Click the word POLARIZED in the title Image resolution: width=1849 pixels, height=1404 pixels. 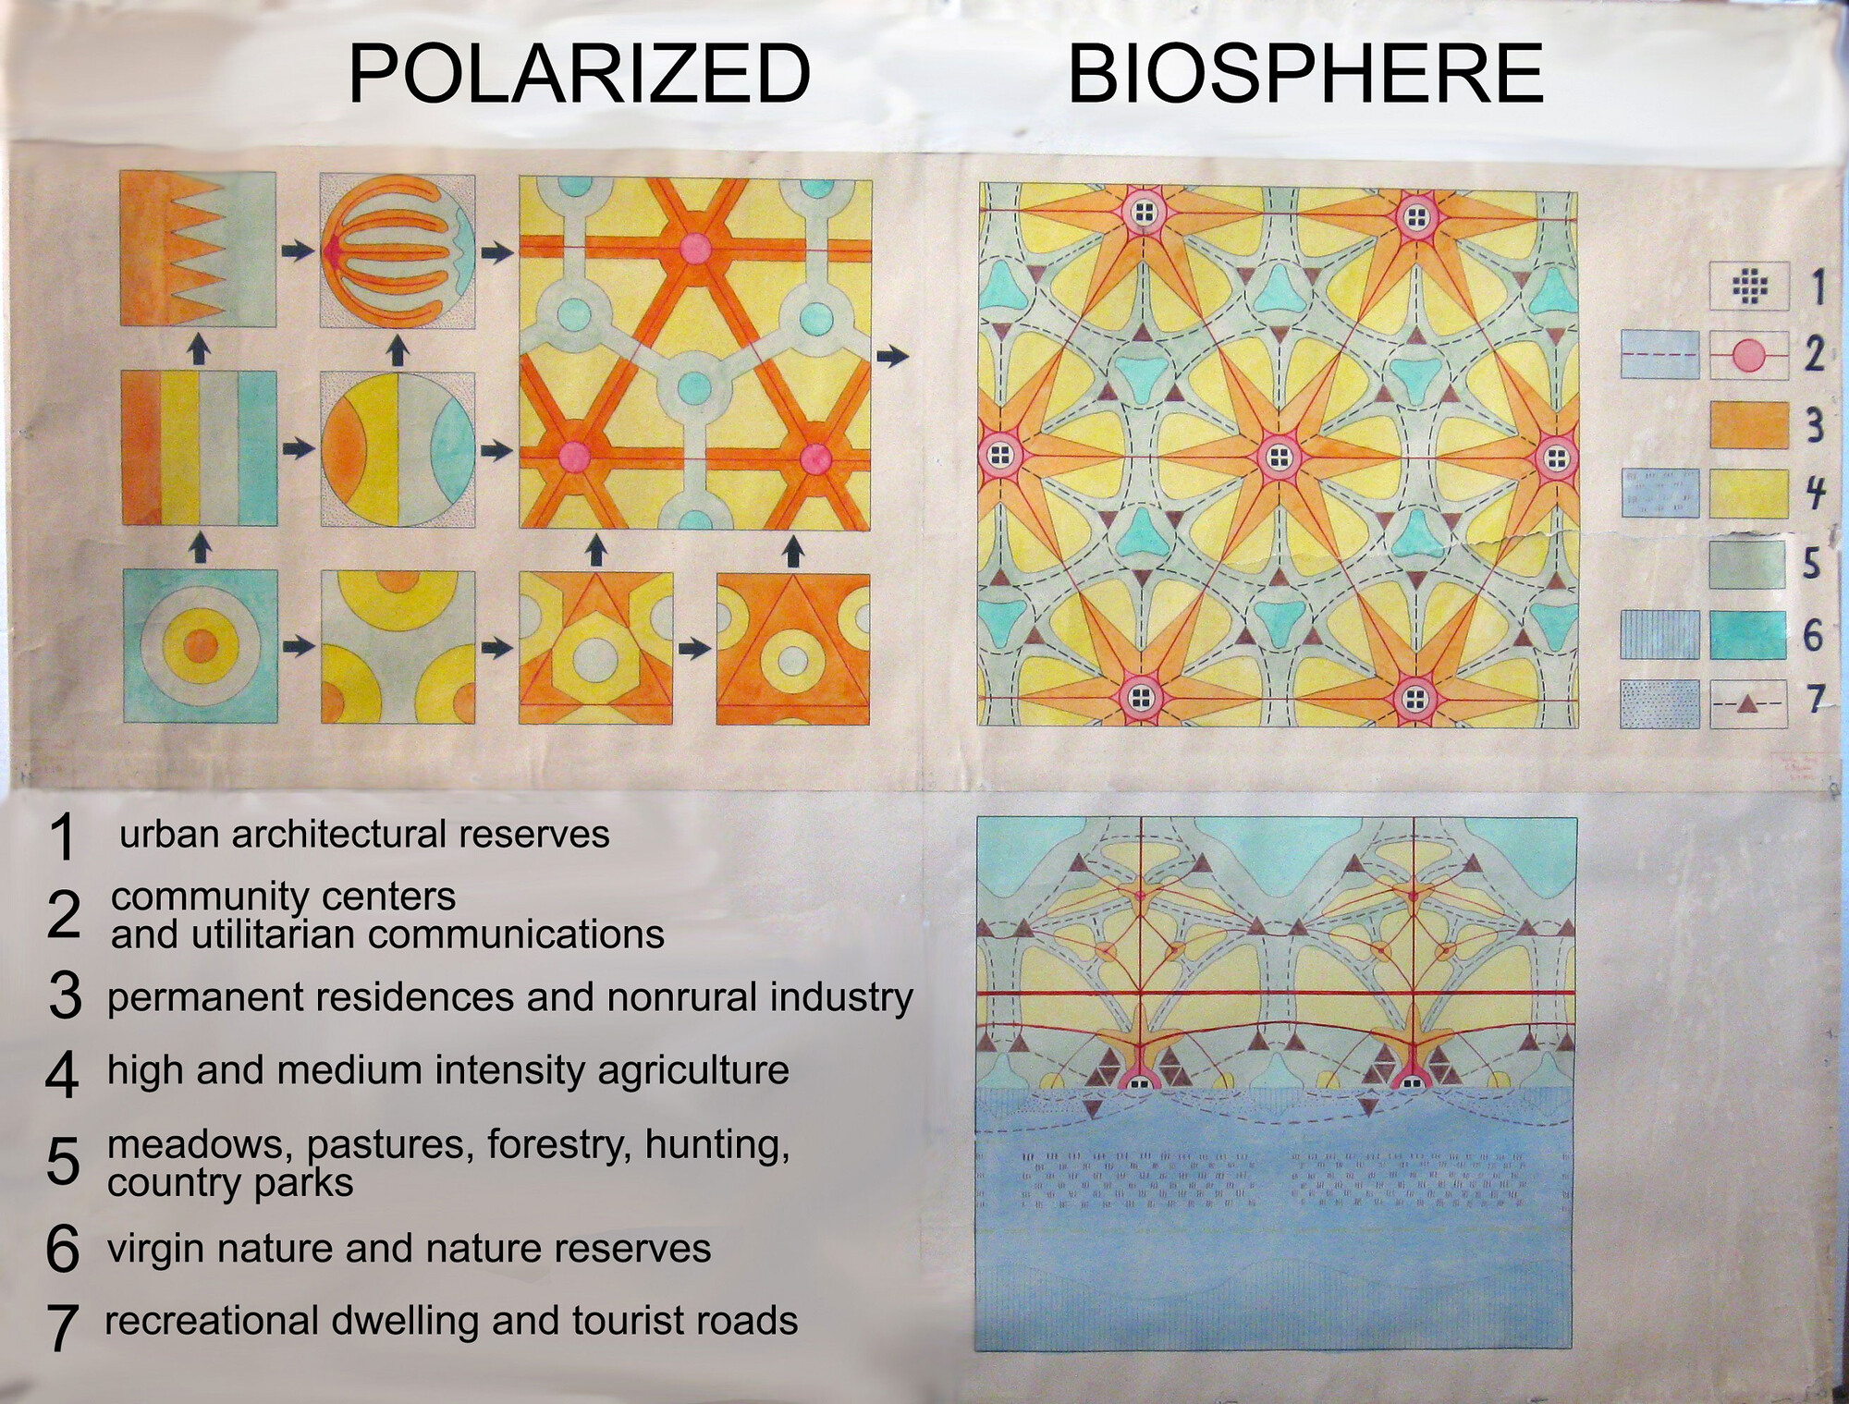tap(580, 74)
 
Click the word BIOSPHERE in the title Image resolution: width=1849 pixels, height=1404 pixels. tap(1305, 74)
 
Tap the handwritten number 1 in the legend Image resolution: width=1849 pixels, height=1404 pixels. tap(1817, 286)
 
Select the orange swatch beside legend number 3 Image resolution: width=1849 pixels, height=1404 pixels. tap(1748, 424)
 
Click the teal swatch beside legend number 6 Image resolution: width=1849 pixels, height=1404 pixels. tap(1748, 635)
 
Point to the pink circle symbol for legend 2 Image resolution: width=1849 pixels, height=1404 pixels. tap(1747, 356)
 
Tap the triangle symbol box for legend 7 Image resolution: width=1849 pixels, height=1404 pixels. tap(1747, 704)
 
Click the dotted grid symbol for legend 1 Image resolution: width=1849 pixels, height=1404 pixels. tap(1747, 287)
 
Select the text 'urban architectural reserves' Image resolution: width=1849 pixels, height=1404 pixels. tap(364, 834)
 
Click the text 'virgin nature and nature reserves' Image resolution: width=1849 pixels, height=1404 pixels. tap(409, 1248)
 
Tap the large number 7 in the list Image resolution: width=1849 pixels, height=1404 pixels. tap(62, 1327)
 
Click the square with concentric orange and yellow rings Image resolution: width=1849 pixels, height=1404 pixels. tap(200, 646)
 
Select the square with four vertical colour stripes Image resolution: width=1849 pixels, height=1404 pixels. tap(199, 447)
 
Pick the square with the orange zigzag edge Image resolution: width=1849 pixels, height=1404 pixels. tap(198, 249)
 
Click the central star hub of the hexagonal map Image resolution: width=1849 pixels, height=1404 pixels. tap(1279, 456)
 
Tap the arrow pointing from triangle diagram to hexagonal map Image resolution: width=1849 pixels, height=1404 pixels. tap(892, 355)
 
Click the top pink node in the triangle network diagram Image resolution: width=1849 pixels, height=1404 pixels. tap(695, 248)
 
